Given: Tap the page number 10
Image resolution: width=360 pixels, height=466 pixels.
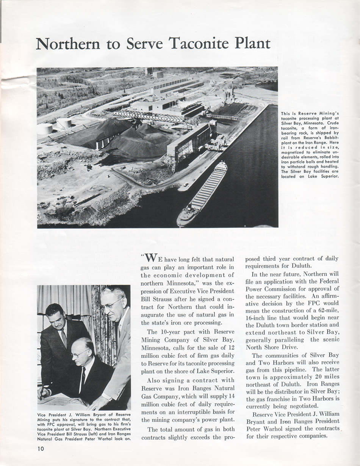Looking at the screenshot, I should [41, 449].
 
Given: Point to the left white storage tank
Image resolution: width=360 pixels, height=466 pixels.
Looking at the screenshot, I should [45, 129].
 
